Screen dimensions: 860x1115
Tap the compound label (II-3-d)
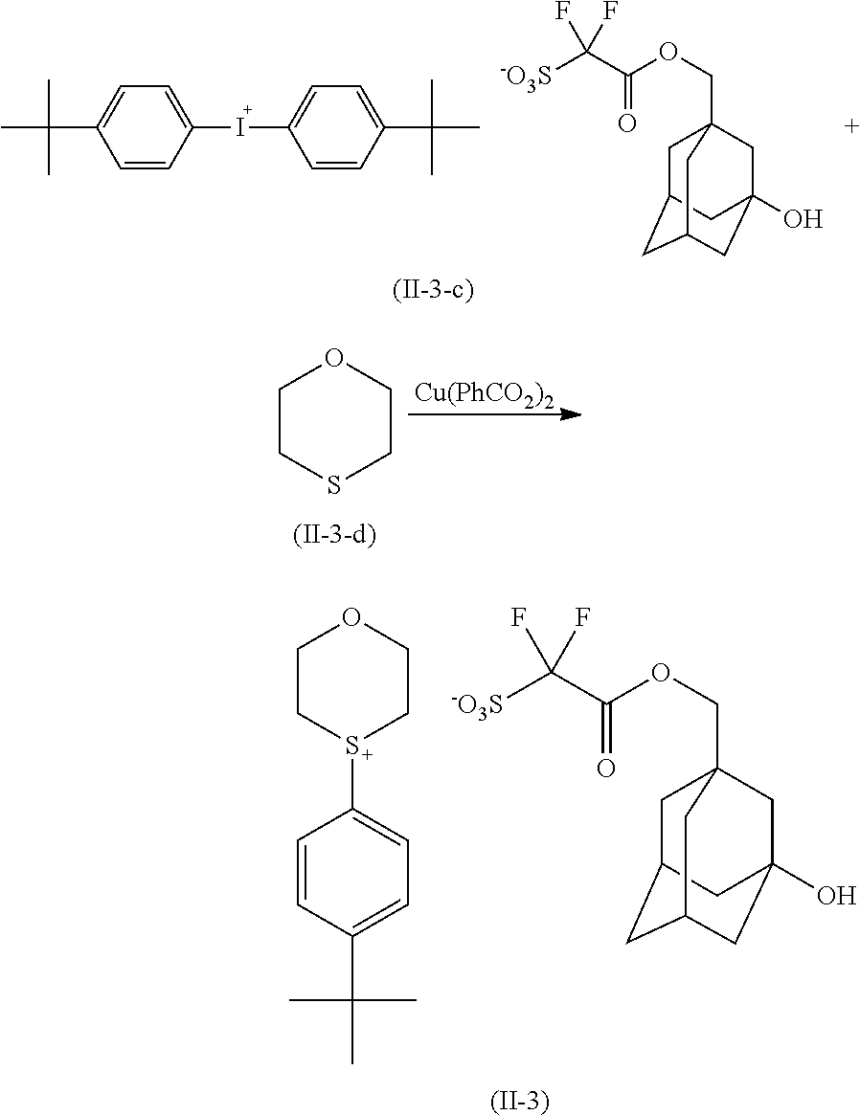coord(334,535)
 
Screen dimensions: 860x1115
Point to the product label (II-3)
coord(520,1102)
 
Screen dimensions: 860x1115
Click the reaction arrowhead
coord(571,413)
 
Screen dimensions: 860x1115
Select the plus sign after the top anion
coord(851,127)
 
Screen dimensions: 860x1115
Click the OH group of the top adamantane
coord(803,220)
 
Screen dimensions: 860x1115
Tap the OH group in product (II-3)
coord(835,896)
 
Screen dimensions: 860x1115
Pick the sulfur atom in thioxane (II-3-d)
coord(333,484)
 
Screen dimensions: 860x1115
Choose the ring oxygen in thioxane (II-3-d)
coord(333,360)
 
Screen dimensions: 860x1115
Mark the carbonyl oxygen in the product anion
coord(605,768)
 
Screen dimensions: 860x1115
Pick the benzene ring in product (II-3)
coord(353,874)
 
